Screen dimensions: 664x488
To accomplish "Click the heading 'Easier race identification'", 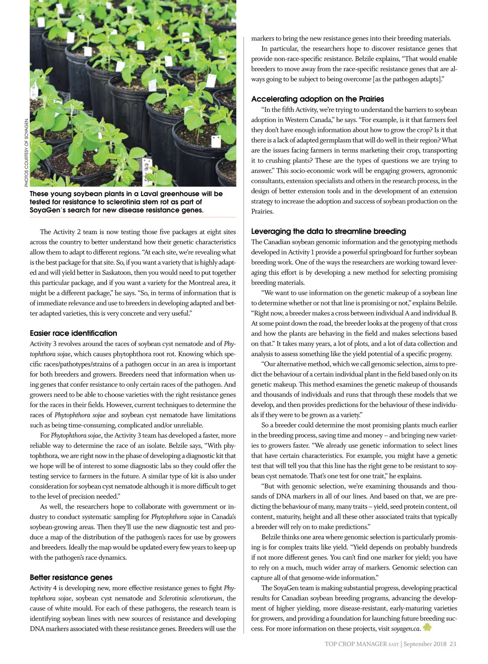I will point(73,333).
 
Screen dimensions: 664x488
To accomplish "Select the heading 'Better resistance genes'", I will point(71,577).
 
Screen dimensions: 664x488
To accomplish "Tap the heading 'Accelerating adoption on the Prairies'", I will point(318,99).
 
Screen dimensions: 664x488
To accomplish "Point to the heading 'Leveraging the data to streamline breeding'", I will point(329,231).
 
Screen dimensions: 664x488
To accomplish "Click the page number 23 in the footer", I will point(453,644).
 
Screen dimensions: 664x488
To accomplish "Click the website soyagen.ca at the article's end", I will point(405,629).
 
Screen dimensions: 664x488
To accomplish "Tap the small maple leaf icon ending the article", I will point(427,628).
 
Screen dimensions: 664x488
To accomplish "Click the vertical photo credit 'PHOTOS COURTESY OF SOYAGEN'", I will point(26,153).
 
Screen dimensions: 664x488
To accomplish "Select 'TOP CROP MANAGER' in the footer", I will point(356,644).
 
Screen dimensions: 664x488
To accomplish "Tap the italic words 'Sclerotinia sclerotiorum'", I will point(191,598).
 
